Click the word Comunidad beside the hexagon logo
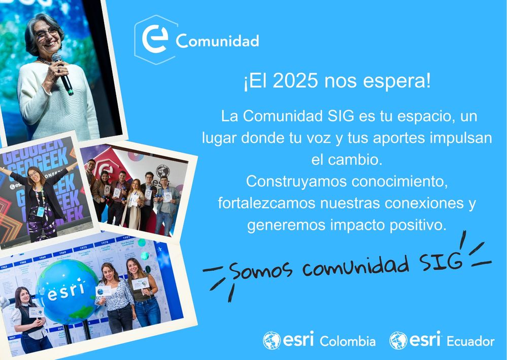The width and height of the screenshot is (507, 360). (x=217, y=41)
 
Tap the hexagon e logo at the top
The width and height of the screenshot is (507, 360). (x=155, y=40)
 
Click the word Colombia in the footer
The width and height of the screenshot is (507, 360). (x=348, y=341)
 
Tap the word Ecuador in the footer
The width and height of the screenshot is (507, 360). (x=470, y=341)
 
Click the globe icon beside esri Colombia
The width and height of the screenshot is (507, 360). (x=272, y=341)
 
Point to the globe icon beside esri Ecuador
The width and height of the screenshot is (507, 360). (x=398, y=341)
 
